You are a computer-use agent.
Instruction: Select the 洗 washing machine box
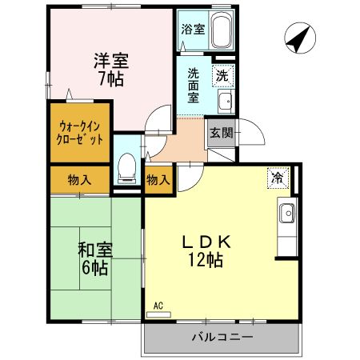click(x=223, y=77)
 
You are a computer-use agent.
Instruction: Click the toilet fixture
click(x=126, y=167)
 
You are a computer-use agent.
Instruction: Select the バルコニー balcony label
click(x=222, y=337)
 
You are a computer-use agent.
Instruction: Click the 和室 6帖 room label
click(x=94, y=258)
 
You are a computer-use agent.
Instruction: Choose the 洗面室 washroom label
click(x=194, y=85)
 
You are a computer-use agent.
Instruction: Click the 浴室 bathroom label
click(x=191, y=30)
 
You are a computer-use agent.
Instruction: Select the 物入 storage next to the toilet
click(x=158, y=181)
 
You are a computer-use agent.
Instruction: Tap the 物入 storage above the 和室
click(x=80, y=180)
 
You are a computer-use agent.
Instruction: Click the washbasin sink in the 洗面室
click(x=225, y=101)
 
